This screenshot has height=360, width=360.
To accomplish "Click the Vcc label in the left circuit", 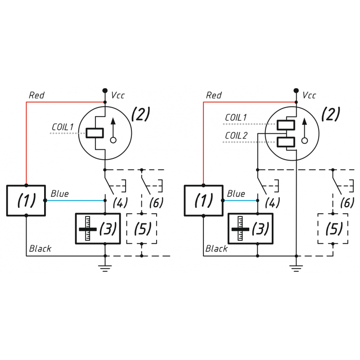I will (x=118, y=95).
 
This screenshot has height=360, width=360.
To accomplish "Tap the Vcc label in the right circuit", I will (x=309, y=95).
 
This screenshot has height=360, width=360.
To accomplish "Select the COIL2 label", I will (x=236, y=135).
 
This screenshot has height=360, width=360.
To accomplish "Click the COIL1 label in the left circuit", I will (x=63, y=127).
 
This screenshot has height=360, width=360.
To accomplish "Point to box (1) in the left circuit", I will (x=26, y=200).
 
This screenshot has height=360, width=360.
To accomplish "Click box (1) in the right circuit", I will (x=203, y=200).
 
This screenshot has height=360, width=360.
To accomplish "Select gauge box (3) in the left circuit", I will (x=98, y=229).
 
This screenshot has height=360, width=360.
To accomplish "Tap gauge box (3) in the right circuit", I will (x=250, y=229).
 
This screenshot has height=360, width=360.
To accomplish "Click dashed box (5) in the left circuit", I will (x=142, y=229).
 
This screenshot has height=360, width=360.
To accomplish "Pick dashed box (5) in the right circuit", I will (x=333, y=229).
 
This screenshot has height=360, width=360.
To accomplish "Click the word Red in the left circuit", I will (x=36, y=95).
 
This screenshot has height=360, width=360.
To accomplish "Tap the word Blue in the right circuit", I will (x=236, y=194).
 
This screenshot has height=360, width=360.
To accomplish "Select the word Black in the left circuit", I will (x=40, y=248).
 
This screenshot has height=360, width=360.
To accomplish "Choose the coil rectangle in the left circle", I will (x=94, y=133).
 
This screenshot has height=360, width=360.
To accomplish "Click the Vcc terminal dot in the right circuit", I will (x=296, y=90).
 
